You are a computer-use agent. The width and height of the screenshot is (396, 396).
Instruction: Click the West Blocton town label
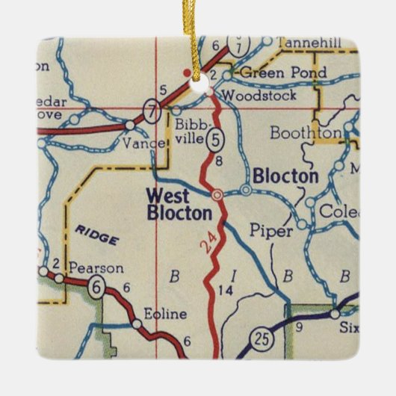coord(179,204)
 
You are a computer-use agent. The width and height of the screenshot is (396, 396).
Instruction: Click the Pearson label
coord(96,267)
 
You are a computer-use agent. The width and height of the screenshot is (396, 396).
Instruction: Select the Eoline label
coord(165,314)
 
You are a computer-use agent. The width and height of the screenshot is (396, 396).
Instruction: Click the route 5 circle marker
coord(215,138)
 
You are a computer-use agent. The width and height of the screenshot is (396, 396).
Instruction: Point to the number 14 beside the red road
coord(227,288)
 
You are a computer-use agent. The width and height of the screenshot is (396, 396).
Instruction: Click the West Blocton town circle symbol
coord(217,194)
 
